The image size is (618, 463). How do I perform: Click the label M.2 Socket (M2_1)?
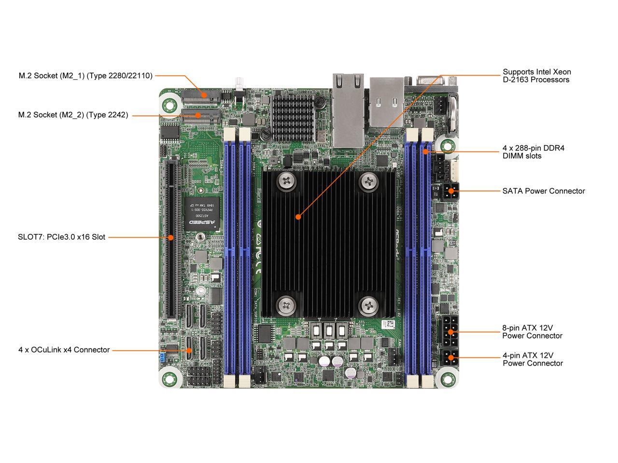pos(85,76)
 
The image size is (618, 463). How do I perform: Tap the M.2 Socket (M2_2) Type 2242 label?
pos(73,115)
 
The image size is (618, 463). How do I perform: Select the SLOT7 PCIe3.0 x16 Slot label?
pos(62,237)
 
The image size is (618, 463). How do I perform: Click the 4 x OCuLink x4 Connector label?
pos(64,350)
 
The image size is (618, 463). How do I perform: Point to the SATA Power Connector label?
pos(544,191)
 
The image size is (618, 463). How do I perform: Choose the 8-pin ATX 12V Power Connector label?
pos(532,332)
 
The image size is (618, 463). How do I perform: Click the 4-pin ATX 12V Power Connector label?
pos(533,359)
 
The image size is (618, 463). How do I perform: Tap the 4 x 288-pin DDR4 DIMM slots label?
pos(533,152)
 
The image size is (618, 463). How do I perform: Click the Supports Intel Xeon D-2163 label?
pos(536,76)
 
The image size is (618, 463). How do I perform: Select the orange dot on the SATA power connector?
pos(451,191)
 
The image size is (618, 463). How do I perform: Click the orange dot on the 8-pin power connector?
pos(450,332)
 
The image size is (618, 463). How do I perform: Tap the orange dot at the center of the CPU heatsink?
pos(298,217)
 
